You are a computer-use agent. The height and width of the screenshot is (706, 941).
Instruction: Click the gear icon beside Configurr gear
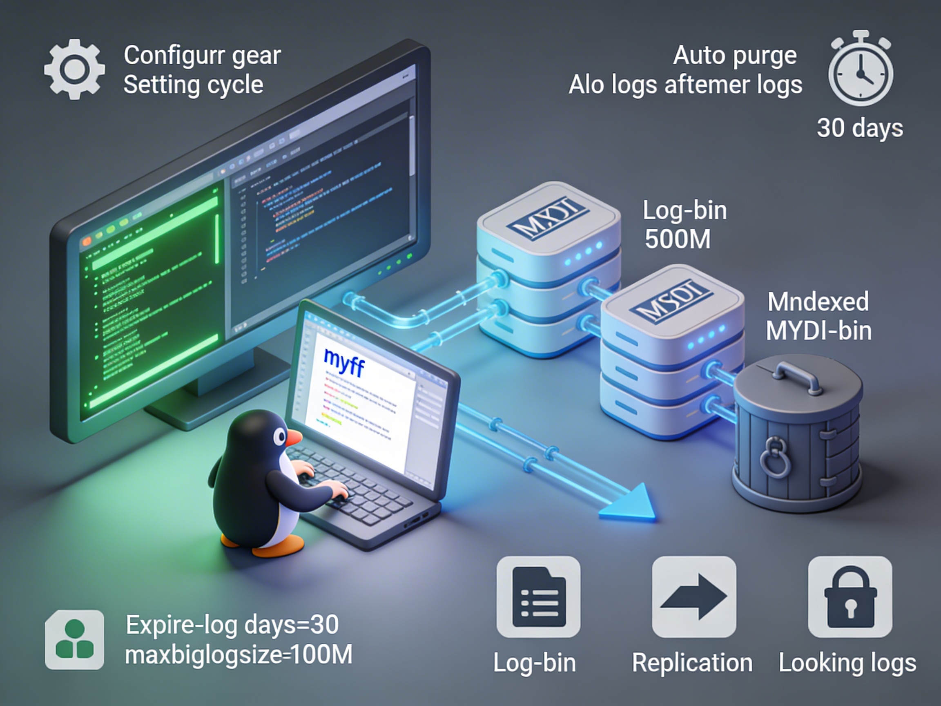[74, 69]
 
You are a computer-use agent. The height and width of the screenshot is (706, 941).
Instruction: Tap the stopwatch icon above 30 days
[860, 72]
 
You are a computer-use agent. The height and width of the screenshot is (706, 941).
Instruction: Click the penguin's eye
[280, 436]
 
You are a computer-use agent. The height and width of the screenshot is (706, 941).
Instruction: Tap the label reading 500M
[677, 239]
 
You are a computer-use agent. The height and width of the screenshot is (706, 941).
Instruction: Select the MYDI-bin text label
[818, 331]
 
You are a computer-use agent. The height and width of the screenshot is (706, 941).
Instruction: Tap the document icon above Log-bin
[539, 597]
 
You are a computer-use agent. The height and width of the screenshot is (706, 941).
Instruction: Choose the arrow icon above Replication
[694, 597]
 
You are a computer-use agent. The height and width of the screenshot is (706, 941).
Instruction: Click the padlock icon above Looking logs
[850, 597]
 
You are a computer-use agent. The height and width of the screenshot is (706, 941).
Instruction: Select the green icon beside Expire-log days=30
[74, 640]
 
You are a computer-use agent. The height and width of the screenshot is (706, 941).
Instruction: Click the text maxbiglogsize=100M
[238, 654]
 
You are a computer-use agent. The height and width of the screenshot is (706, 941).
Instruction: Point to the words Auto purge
[735, 55]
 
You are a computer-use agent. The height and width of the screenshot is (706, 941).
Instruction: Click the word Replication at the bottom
[692, 663]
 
